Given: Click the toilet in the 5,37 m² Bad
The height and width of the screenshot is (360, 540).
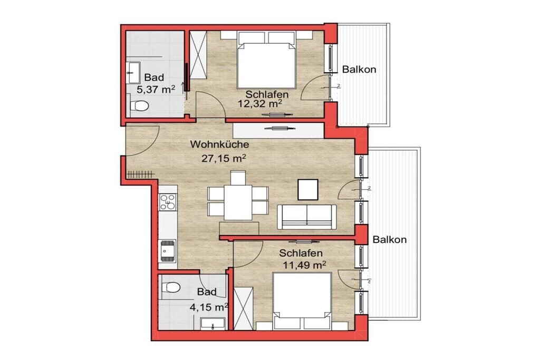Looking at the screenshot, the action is click(x=139, y=105).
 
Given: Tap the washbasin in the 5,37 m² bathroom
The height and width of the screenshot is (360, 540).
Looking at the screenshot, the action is click(x=133, y=73).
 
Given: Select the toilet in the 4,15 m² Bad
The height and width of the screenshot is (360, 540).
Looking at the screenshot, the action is click(x=171, y=287).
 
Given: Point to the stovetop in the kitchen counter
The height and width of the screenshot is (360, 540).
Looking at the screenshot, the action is click(x=167, y=202).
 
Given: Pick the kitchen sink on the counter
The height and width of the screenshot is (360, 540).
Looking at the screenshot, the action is click(x=167, y=251).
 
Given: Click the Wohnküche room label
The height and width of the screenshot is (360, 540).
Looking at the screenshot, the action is click(x=219, y=144).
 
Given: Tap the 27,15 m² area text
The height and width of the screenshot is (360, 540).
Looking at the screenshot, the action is click(x=224, y=158).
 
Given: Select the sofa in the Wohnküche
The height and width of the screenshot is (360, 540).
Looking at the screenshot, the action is click(x=307, y=217).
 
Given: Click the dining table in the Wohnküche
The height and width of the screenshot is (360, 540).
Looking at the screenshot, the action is click(x=238, y=202).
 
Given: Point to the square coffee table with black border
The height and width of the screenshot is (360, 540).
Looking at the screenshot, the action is click(x=308, y=189).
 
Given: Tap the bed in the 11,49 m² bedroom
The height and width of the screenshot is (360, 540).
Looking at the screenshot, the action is click(x=302, y=301).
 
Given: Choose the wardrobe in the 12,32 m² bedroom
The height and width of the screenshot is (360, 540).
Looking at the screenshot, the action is click(x=198, y=54).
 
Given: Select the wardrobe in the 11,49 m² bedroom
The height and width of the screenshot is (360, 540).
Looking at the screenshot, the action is click(x=244, y=309).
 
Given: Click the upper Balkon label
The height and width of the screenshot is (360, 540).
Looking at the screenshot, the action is click(x=359, y=69).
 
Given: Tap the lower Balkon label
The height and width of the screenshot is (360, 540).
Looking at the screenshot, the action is click(x=390, y=239).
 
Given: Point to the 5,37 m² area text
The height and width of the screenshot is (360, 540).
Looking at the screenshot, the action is click(x=156, y=90).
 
